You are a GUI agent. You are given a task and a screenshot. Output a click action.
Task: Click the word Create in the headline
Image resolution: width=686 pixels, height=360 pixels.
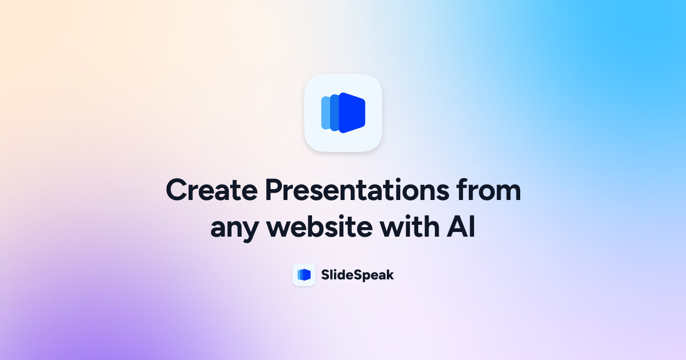(x=211, y=190)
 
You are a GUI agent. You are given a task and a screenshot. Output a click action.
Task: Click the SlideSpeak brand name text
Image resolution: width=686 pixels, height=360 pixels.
(x=357, y=275)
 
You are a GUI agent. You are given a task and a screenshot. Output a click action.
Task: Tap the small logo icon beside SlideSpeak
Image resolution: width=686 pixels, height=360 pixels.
(x=304, y=275)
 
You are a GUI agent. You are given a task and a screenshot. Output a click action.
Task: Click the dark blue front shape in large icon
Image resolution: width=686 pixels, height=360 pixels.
(x=353, y=113)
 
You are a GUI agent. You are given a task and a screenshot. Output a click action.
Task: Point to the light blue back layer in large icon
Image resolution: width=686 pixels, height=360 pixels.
(x=325, y=113)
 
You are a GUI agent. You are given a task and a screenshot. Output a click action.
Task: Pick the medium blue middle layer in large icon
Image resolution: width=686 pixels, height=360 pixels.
(x=334, y=113)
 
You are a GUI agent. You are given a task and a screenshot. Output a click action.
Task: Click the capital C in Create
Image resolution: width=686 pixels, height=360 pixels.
(x=177, y=190)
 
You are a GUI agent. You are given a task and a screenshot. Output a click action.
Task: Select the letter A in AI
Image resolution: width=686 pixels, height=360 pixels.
(x=456, y=228)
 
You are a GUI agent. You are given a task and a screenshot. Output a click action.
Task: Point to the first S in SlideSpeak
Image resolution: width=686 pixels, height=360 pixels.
(x=325, y=275)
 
